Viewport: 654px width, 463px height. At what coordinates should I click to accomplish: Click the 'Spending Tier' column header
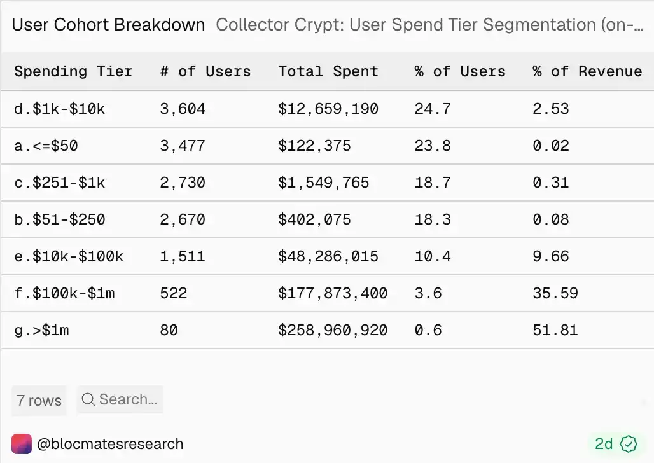pos(73,71)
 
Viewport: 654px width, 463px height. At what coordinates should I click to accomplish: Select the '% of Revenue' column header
pos(587,71)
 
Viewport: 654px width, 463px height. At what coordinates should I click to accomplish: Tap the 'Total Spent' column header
pos(328,71)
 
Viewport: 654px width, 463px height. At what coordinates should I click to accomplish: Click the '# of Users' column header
pos(205,71)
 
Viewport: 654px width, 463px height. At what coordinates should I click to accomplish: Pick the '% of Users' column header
pos(459,71)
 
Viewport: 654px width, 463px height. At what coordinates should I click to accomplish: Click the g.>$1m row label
pos(41,330)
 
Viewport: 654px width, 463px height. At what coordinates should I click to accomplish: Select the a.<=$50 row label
pos(46,146)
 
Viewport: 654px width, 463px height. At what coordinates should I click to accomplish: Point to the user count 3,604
pos(183,109)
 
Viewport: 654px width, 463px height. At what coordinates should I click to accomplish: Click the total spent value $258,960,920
pos(333,330)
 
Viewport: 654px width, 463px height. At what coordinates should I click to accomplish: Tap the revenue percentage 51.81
pos(555,330)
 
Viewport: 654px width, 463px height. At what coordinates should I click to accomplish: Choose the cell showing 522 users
pos(174,293)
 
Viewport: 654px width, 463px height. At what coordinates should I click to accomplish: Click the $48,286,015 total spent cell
pos(328,256)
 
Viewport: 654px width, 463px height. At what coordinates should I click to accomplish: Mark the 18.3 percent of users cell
pos(433,219)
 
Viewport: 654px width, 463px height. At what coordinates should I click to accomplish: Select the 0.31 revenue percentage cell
pos(550,183)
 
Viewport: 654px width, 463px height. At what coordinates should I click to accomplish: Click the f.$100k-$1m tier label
pos(64,293)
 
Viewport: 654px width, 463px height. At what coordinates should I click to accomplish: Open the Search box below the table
pos(120,399)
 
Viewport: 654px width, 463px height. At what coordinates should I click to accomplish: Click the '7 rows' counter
pos(39,401)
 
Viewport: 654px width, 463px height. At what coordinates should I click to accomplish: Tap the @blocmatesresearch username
pos(110,444)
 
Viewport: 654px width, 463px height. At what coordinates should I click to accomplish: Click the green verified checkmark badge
pos(629,444)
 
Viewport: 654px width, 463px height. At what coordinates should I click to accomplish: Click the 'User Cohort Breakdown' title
pos(108,25)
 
